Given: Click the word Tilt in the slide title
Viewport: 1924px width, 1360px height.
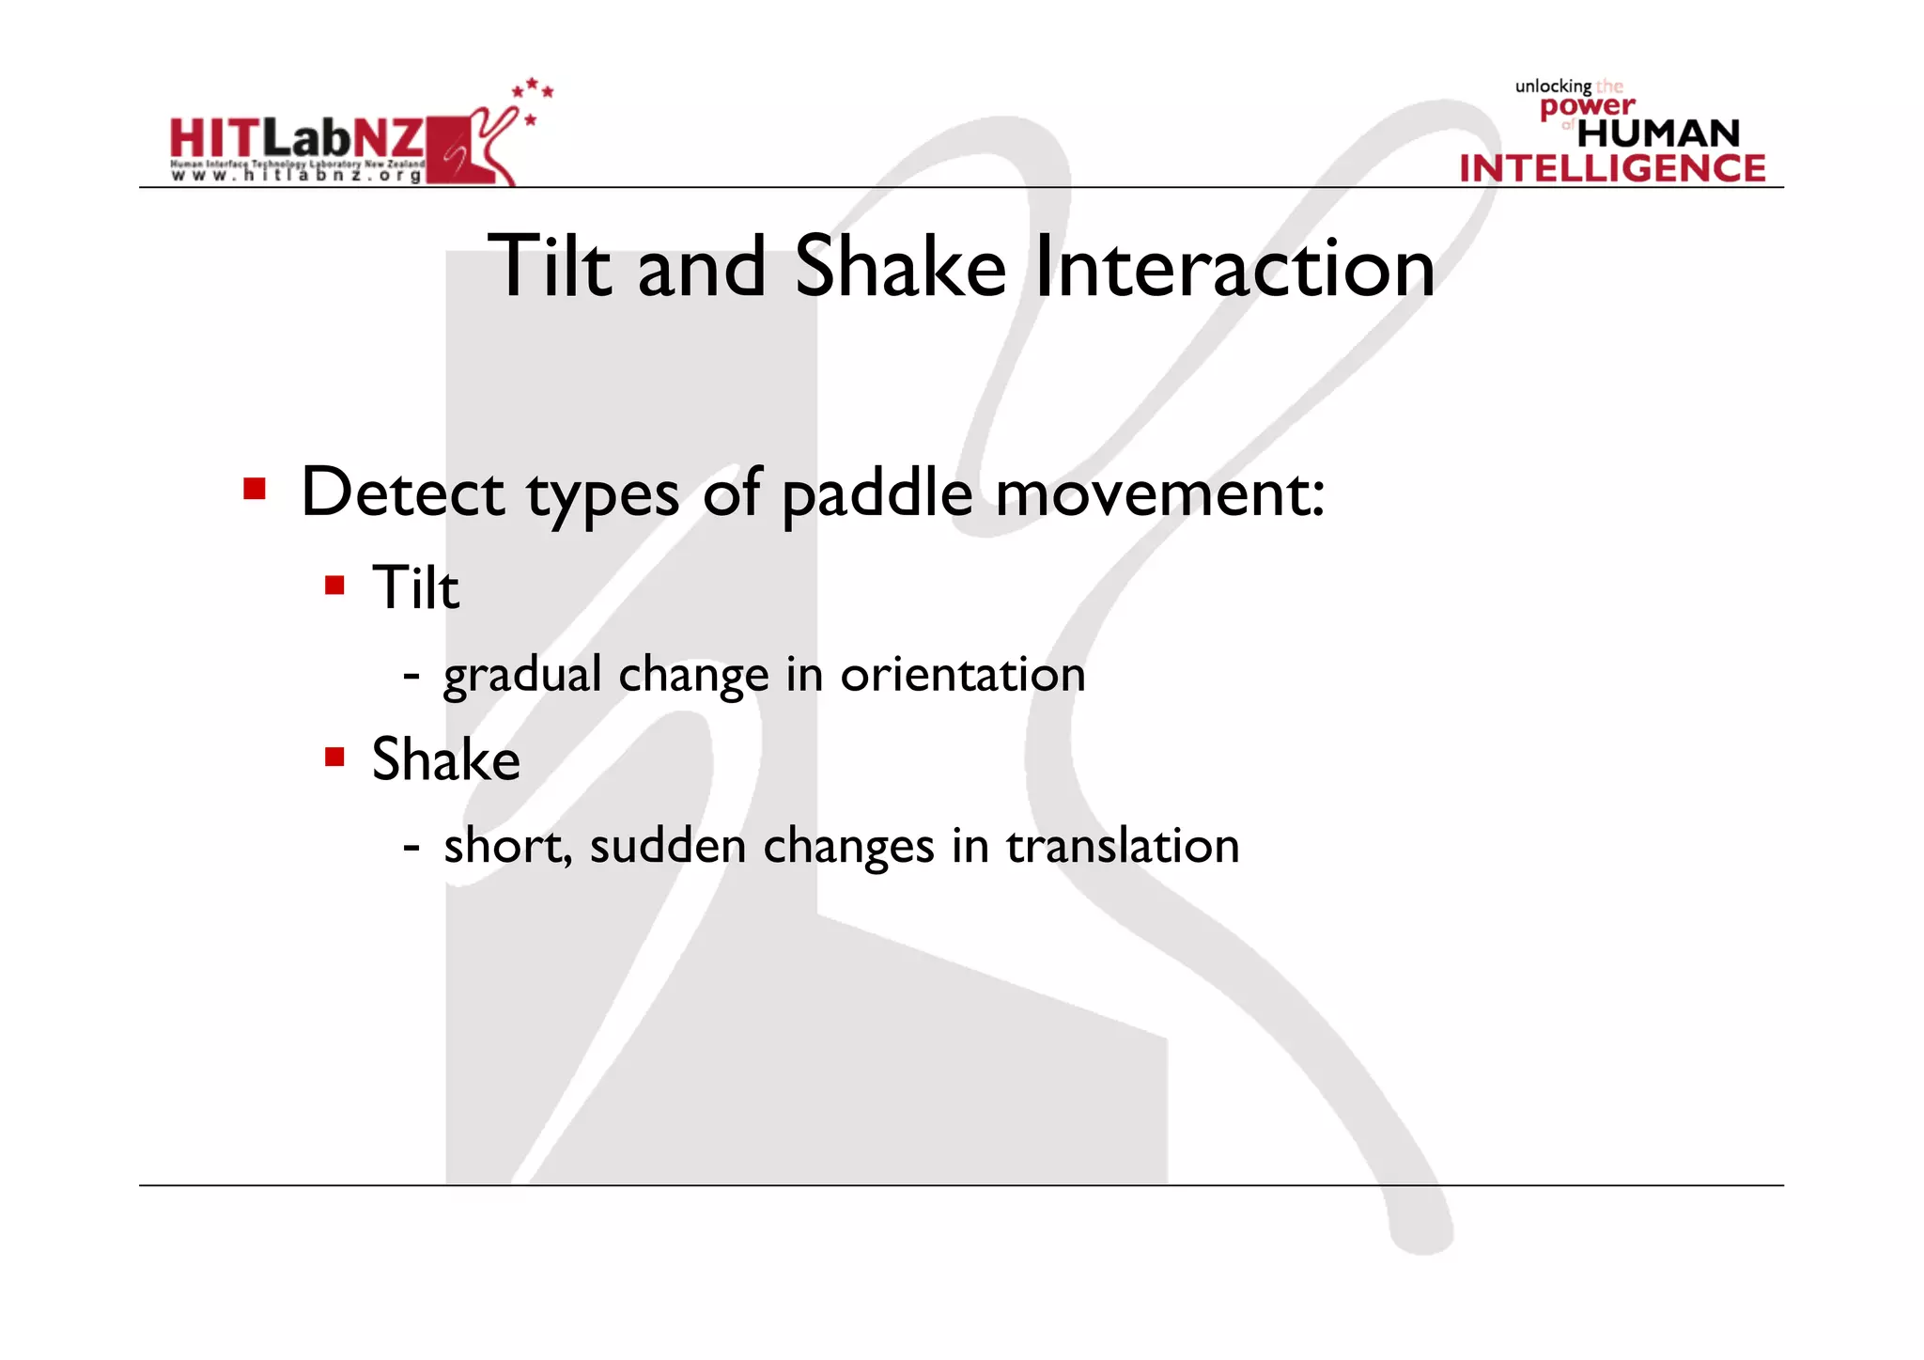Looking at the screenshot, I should (x=549, y=269).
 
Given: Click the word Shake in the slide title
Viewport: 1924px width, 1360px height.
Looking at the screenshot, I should (x=900, y=269).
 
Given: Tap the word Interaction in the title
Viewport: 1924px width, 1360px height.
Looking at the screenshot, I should (x=1234, y=269).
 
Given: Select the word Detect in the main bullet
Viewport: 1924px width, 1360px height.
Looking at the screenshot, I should (x=403, y=493).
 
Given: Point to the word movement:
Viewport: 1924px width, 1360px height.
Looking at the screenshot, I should (x=1159, y=493).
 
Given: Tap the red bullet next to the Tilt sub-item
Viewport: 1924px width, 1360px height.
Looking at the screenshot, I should (x=334, y=586).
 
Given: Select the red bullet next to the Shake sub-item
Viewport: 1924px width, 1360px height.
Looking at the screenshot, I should (x=334, y=758).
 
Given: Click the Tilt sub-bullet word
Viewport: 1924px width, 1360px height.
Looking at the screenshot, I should (x=415, y=588).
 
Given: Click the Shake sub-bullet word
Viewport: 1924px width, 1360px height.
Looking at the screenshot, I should (x=445, y=759).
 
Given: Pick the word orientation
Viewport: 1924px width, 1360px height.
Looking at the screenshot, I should (x=962, y=675).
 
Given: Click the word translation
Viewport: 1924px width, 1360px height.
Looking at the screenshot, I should (x=1123, y=846).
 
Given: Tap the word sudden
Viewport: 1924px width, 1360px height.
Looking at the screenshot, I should (x=667, y=846).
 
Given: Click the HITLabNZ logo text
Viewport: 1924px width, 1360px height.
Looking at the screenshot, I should (x=297, y=139).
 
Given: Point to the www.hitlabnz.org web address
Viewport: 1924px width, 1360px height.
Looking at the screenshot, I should (x=297, y=176).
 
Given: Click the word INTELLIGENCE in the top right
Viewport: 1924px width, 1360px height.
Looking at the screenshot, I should (x=1612, y=169).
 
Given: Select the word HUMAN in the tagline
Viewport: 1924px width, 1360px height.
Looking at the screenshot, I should (x=1658, y=133).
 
